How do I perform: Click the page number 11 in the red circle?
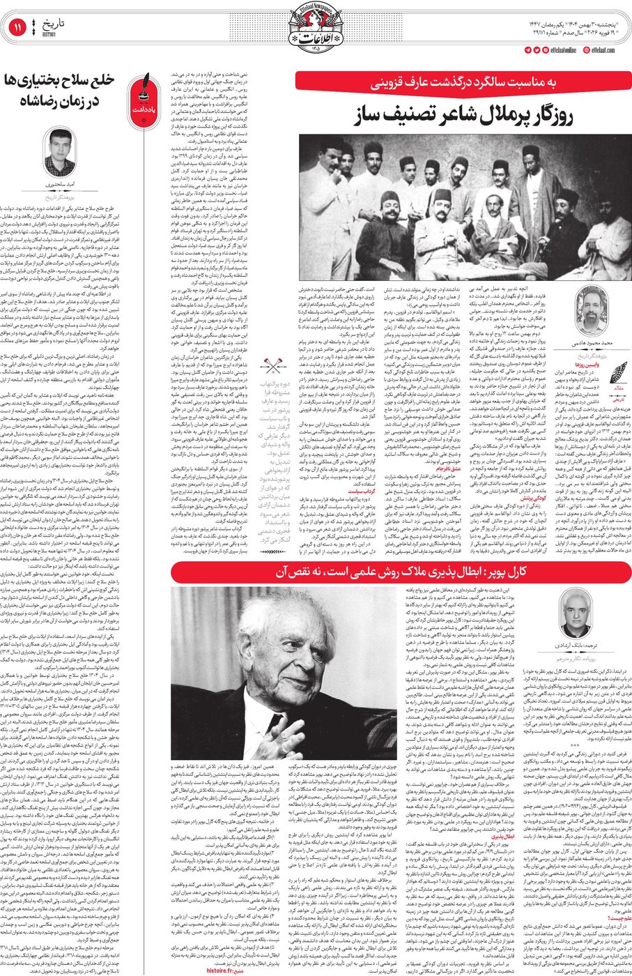coord(17,28)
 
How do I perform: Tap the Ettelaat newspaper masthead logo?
coord(315,28)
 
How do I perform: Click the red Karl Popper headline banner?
coord(401,572)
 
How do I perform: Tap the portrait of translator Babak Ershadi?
coord(576,613)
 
